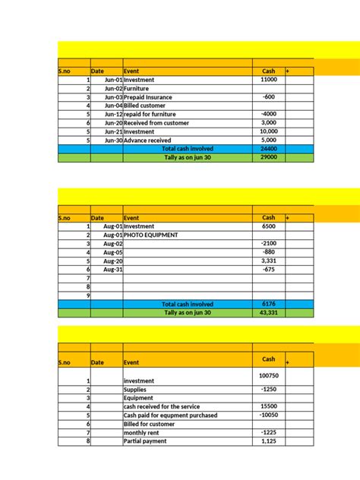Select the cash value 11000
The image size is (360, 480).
[268, 80]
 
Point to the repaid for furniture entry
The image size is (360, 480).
[151, 115]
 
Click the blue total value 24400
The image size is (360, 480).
[268, 149]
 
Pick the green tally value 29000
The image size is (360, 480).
[268, 157]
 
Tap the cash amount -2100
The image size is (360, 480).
[268, 243]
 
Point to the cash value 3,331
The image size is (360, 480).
[268, 261]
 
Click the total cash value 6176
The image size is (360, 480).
[268, 304]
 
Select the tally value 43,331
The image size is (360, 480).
[268, 312]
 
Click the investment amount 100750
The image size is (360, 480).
[268, 376]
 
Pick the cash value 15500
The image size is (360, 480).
[268, 406]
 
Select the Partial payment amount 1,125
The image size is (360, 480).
[268, 441]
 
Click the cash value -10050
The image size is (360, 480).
[268, 415]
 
